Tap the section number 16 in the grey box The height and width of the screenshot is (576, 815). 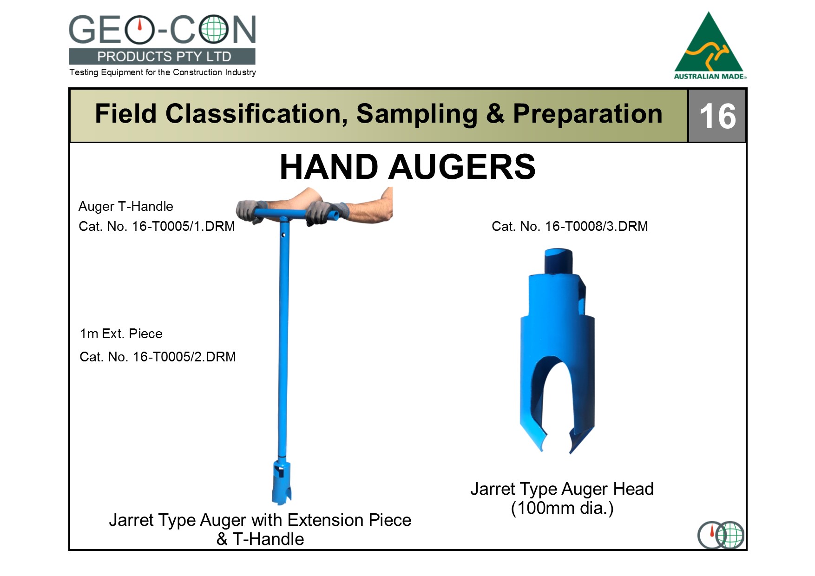(x=717, y=116)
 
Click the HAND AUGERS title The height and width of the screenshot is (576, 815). (x=407, y=167)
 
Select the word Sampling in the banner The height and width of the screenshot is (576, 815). (x=417, y=114)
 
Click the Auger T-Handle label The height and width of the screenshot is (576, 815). (x=126, y=206)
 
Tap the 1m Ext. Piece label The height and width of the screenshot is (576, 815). (x=121, y=334)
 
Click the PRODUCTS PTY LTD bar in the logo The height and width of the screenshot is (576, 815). (x=162, y=57)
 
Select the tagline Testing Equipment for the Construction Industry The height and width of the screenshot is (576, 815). (x=163, y=72)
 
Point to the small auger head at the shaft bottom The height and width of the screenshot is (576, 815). (x=282, y=482)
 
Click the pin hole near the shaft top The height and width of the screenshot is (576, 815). (x=283, y=235)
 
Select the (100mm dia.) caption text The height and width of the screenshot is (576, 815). (x=562, y=508)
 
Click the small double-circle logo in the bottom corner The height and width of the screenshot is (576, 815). (x=721, y=535)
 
